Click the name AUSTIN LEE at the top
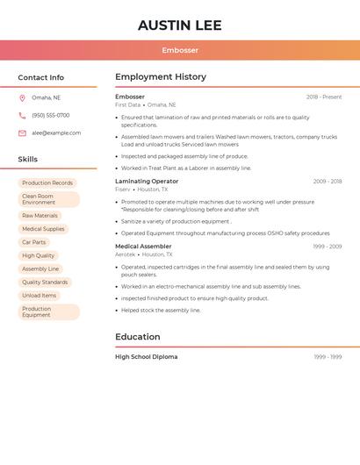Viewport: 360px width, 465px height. tap(179, 25)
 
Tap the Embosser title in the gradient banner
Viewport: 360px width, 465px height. tap(180, 50)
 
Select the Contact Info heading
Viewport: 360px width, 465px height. tap(40, 77)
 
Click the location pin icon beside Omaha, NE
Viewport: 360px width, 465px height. tap(22, 97)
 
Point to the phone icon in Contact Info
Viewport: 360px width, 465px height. tap(22, 115)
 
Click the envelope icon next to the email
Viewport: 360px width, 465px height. tap(22, 132)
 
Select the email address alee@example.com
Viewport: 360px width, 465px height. tap(56, 132)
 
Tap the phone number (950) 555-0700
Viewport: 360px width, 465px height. tap(50, 115)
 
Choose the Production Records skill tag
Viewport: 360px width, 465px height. tap(47, 182)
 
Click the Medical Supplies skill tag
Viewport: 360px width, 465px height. tap(43, 229)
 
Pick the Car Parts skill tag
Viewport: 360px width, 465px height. tap(34, 242)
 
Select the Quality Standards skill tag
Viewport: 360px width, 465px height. tap(45, 282)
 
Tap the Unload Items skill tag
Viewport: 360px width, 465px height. tap(39, 295)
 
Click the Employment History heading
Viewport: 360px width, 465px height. tap(160, 77)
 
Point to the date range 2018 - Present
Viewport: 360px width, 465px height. tap(323, 97)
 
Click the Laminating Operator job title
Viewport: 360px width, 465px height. tap(146, 181)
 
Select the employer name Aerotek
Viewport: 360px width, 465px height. tap(125, 254)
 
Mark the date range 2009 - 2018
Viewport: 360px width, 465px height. tap(327, 181)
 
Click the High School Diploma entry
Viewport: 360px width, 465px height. tap(146, 357)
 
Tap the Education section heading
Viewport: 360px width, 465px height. tap(137, 337)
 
